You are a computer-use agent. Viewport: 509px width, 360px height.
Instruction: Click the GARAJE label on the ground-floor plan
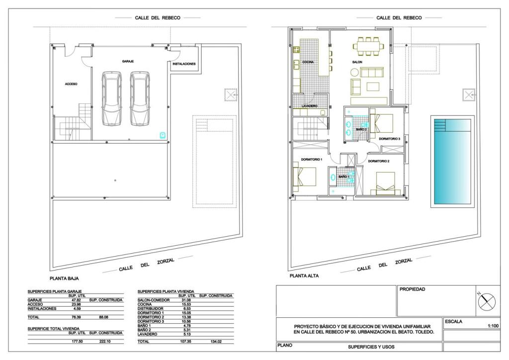click(128, 61)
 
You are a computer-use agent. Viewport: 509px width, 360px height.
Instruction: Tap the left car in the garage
click(112, 98)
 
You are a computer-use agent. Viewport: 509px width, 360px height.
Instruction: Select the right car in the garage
click(140, 98)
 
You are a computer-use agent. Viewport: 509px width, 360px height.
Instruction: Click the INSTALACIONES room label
click(184, 64)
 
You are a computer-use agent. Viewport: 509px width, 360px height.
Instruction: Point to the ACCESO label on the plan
click(71, 84)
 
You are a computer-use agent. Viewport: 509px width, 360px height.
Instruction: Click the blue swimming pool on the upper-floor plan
click(452, 161)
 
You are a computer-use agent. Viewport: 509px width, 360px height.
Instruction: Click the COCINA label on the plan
click(308, 62)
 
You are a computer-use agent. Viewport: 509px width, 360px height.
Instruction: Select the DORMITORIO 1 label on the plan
click(311, 160)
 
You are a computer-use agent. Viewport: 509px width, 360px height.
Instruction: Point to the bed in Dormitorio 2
click(385, 183)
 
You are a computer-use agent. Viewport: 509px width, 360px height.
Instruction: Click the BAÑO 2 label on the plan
click(361, 129)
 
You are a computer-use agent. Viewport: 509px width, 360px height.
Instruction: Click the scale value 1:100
click(493, 326)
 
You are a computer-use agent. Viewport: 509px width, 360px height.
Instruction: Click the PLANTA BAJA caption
click(64, 278)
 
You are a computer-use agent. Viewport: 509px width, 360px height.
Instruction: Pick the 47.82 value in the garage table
click(76, 300)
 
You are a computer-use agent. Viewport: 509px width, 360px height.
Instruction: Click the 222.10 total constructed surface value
click(105, 342)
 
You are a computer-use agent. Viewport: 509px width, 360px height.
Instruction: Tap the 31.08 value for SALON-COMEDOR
click(186, 300)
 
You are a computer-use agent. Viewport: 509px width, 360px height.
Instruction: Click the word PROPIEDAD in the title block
click(412, 289)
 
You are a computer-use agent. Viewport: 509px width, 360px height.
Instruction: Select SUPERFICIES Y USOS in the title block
click(371, 347)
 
